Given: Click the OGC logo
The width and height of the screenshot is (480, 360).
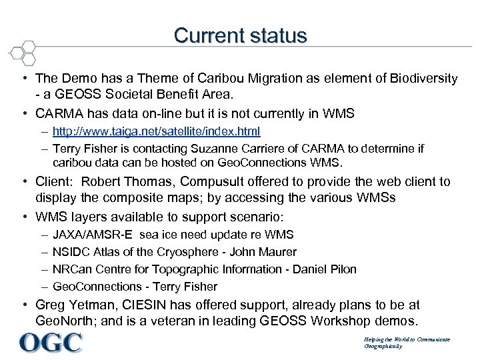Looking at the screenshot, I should coord(51,343).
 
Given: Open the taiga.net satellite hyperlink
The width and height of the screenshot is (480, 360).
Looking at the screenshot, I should coord(156,131).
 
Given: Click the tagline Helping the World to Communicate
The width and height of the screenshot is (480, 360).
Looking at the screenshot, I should coord(407,339).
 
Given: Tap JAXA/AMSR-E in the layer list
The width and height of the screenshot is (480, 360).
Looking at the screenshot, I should coord(93,235).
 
